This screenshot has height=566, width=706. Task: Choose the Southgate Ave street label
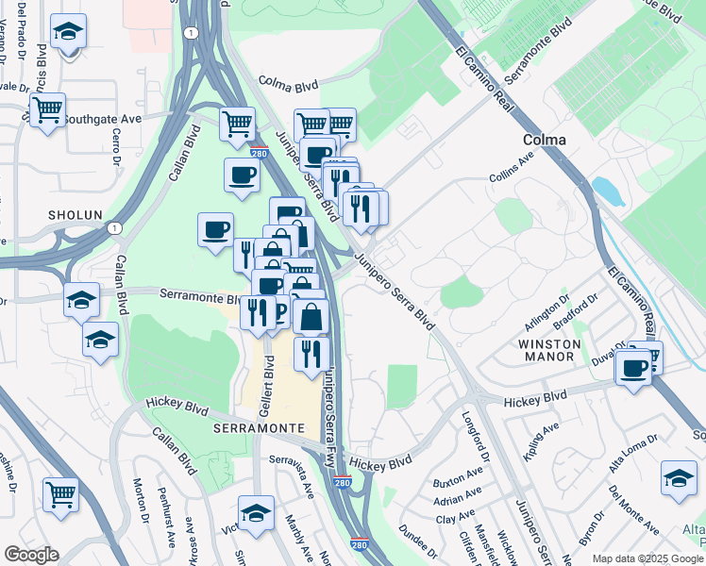coord(103,120)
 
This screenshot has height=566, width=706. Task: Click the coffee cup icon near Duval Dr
coord(634,366)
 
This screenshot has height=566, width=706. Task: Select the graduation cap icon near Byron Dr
coord(679,479)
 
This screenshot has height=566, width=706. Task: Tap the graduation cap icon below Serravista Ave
coord(256,513)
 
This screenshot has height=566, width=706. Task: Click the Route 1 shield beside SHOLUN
coord(114,227)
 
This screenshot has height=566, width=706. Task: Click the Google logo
coord(31,555)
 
